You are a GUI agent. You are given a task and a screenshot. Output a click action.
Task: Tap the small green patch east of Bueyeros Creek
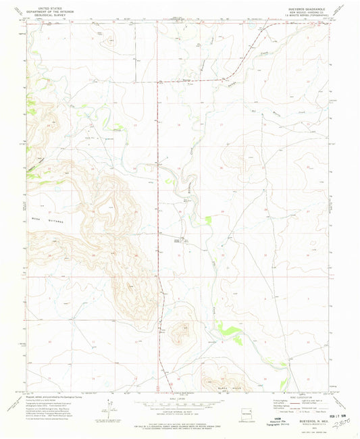pos(209,219)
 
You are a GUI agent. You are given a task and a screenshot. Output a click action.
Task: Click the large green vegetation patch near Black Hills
pos(230,330)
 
